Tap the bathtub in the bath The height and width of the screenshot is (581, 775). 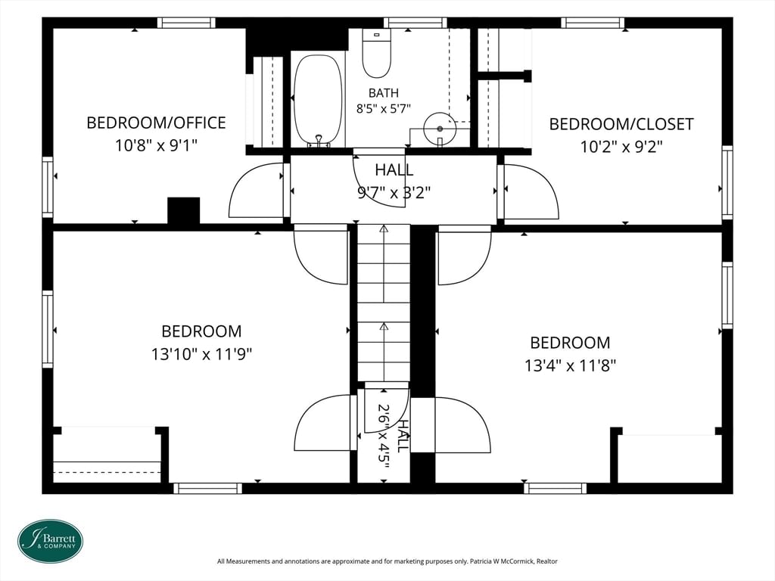tap(318, 101)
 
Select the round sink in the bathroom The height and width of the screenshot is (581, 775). tap(440, 129)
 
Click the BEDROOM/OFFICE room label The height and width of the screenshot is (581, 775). tap(156, 123)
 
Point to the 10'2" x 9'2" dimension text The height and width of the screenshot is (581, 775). tap(621, 147)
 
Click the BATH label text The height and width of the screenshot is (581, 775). tap(384, 93)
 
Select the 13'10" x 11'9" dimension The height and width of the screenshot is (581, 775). tap(201, 354)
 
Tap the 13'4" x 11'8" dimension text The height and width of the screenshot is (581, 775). tap(571, 366)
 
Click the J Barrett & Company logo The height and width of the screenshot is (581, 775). tap(51, 541)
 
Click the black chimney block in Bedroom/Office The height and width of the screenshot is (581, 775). tap(184, 211)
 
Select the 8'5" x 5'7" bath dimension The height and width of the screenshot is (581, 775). tap(384, 109)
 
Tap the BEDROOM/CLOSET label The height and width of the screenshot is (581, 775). tap(621, 124)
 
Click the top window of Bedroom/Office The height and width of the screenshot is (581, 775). tap(186, 23)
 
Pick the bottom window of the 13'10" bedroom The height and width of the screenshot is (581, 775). tap(207, 488)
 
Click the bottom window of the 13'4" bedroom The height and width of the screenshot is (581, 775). tap(555, 488)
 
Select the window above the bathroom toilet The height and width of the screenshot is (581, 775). tap(416, 23)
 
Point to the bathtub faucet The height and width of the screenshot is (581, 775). tap(319, 141)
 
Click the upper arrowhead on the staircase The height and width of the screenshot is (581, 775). tap(384, 228)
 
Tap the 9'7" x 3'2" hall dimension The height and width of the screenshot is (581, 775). tap(394, 192)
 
